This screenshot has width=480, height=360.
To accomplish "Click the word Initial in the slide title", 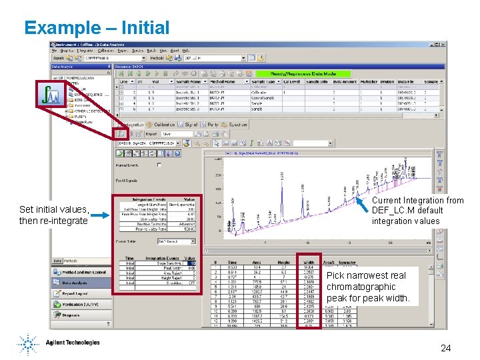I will coord(141,28).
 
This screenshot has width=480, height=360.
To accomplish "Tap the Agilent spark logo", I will coord(28,344).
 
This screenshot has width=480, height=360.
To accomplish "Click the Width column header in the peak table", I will coord(309,262).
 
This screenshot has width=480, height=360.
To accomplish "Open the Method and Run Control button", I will coord(83,272).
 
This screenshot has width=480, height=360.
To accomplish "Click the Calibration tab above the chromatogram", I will coord(164,125).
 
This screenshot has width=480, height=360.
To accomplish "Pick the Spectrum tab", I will coord(237,125).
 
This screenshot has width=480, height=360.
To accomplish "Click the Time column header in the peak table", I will coord(231,262).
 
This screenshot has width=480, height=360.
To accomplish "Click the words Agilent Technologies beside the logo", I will coord(73,343).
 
